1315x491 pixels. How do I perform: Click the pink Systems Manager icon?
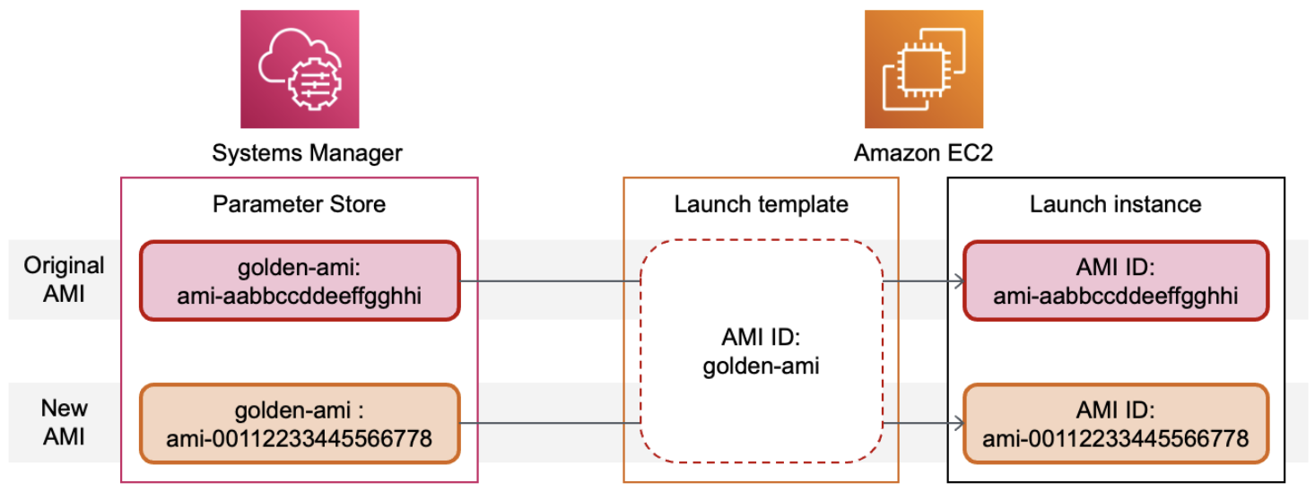coord(299,69)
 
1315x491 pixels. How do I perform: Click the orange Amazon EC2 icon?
coord(923,69)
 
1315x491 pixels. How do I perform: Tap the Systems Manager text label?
coord(307,154)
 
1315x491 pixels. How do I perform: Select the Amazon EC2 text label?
coord(923,154)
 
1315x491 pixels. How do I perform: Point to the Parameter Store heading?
coord(299,204)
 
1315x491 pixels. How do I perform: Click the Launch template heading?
coord(761,204)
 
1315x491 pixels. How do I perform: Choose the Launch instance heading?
coord(1115,204)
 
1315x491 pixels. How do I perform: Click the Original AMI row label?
coord(64,279)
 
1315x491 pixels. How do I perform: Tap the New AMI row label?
coord(64,422)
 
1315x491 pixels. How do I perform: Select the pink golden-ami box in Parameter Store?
coord(300,280)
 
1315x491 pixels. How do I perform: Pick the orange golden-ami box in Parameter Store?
coord(300,424)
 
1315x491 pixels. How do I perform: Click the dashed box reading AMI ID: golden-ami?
coord(761,352)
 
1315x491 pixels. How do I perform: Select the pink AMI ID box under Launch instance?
coord(1115,280)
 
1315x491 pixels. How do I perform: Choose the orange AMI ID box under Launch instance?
coord(1115,424)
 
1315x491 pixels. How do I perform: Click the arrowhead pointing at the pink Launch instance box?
coord(959,281)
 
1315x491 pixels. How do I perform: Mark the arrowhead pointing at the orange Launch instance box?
coord(959,424)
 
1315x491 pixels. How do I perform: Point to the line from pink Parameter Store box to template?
coord(549,281)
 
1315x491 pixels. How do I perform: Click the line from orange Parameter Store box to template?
coord(549,424)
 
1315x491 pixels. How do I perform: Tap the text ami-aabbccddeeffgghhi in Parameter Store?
coord(300,295)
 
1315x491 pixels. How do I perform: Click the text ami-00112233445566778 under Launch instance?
coord(1115,438)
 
